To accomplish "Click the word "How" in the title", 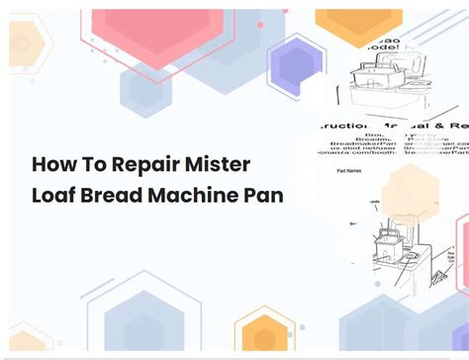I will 53,163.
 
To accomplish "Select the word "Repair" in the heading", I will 149,164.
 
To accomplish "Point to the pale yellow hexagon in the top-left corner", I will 27,45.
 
